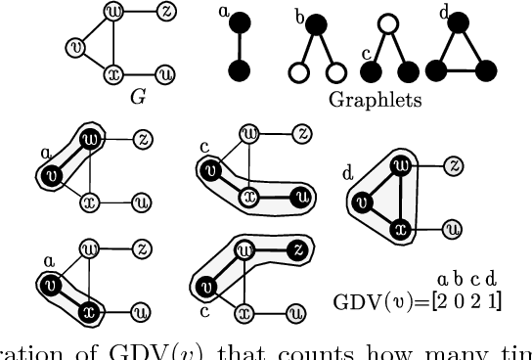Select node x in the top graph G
tap(113, 73)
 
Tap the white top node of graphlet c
tap(388, 20)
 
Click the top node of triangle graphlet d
tap(464, 20)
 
